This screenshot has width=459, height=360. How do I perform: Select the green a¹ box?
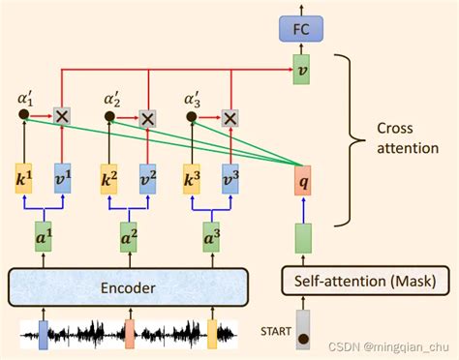[x=43, y=236]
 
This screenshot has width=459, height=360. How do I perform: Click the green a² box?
[x=128, y=236]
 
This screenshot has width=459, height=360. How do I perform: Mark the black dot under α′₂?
[x=108, y=117]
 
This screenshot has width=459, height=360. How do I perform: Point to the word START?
[x=275, y=332]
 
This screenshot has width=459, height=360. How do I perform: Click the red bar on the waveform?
[x=129, y=334]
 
